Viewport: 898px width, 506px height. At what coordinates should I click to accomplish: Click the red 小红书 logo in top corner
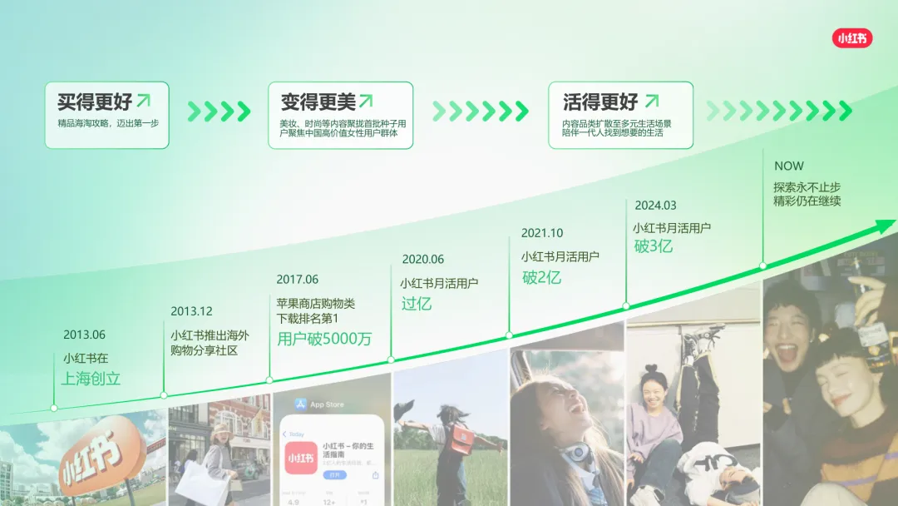pyautogui.click(x=852, y=38)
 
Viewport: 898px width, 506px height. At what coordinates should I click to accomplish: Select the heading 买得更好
pyautogui.click(x=95, y=102)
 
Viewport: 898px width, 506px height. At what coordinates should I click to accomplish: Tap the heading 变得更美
pyautogui.click(x=318, y=102)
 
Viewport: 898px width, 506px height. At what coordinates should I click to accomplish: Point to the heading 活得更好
pyautogui.click(x=600, y=102)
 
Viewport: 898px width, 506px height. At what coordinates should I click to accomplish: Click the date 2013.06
pyautogui.click(x=84, y=335)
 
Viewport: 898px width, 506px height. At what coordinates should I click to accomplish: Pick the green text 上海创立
pyautogui.click(x=91, y=379)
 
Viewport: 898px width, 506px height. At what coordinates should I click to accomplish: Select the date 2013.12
pyautogui.click(x=191, y=311)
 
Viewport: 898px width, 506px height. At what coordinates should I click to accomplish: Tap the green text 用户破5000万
pyautogui.click(x=323, y=339)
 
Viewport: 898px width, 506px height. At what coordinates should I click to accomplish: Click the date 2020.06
pyautogui.click(x=422, y=260)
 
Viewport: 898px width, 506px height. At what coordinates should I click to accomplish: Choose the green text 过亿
pyautogui.click(x=417, y=304)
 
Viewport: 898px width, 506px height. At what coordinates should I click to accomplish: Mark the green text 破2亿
pyautogui.click(x=541, y=277)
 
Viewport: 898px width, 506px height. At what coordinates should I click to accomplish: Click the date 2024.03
pyautogui.click(x=655, y=205)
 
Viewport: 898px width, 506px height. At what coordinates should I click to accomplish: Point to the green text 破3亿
pyautogui.click(x=654, y=246)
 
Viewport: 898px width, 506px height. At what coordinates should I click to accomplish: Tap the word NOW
pyautogui.click(x=788, y=166)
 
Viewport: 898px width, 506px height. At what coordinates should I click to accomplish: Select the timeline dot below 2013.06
pyautogui.click(x=54, y=408)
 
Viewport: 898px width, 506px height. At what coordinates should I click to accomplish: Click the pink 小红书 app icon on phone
pyautogui.click(x=301, y=458)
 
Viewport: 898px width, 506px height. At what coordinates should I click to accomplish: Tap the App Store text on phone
pyautogui.click(x=326, y=404)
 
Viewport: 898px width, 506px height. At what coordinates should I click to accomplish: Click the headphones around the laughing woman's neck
pyautogui.click(x=575, y=454)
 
